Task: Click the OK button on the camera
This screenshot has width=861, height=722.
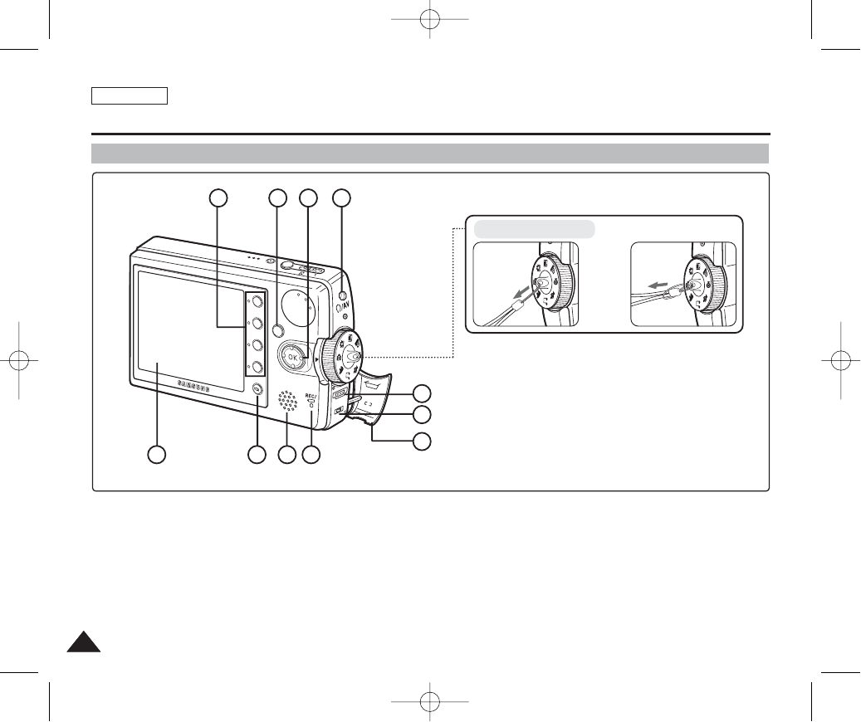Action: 291,357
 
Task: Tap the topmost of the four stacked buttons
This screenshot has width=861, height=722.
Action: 257,301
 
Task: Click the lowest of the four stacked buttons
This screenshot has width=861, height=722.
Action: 257,367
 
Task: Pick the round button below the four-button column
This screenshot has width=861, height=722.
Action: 257,390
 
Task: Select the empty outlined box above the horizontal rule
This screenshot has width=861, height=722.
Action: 130,95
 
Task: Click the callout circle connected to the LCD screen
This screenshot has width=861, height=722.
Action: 155,454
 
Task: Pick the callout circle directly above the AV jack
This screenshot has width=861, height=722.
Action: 341,198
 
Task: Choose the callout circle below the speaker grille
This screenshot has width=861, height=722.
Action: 286,454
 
